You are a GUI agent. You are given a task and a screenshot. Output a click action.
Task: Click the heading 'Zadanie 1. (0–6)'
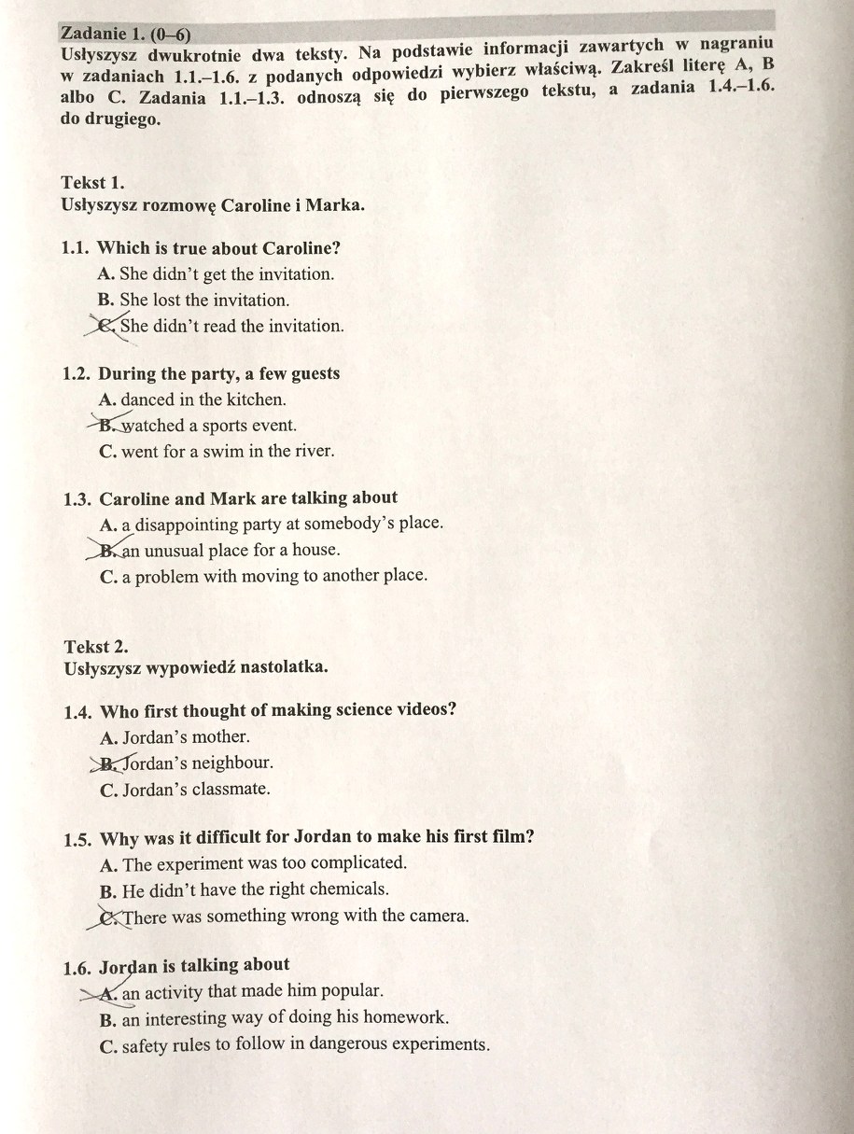click(x=125, y=35)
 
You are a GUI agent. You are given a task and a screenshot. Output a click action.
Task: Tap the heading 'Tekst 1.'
click(x=92, y=182)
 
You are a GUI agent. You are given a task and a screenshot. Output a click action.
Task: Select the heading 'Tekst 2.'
click(x=96, y=646)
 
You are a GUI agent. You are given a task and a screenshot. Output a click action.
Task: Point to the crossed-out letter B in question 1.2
click(x=108, y=425)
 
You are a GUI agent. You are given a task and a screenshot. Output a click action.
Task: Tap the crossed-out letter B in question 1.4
click(x=110, y=763)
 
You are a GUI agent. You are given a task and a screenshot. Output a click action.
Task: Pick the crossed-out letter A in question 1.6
click(x=108, y=993)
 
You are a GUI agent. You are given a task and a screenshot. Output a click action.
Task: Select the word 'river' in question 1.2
click(x=313, y=451)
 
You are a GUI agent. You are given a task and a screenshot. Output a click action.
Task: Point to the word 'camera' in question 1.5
click(x=436, y=916)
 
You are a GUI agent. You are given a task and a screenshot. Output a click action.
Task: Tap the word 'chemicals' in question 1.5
click(x=349, y=889)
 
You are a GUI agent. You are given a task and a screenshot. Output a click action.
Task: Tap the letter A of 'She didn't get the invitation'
click(x=105, y=274)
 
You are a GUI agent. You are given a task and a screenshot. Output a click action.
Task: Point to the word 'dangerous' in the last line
click(x=330, y=1043)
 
